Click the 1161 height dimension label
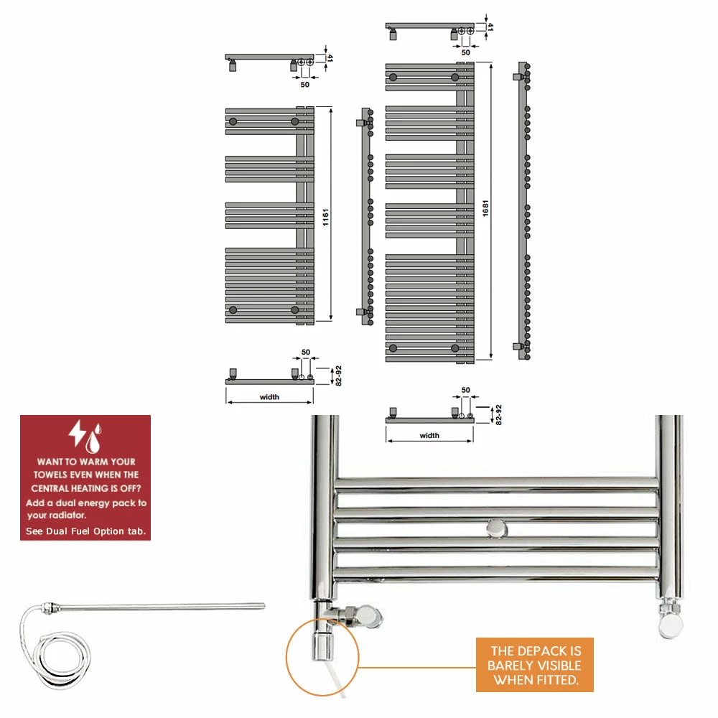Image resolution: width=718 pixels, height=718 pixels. click(325, 214)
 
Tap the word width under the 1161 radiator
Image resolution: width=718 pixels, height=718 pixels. click(269, 397)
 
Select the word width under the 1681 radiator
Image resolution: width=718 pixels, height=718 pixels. click(429, 435)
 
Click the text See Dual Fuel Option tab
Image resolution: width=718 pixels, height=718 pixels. click(85, 531)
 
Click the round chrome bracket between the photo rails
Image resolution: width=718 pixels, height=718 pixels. click(496, 529)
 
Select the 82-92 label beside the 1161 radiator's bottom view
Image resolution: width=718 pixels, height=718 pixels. click(338, 375)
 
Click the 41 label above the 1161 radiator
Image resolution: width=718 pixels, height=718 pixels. click(330, 59)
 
